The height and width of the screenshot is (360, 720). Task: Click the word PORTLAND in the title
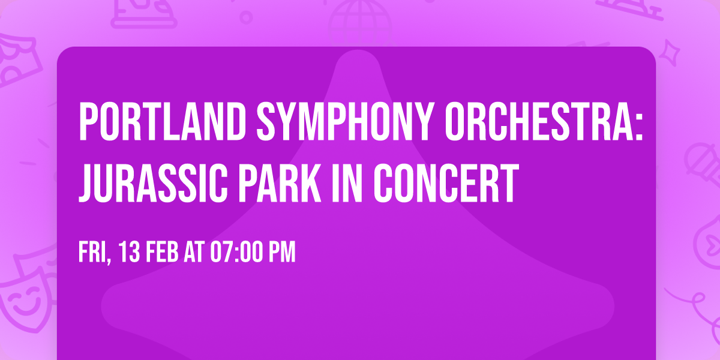156,122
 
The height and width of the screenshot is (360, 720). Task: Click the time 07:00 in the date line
236,253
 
